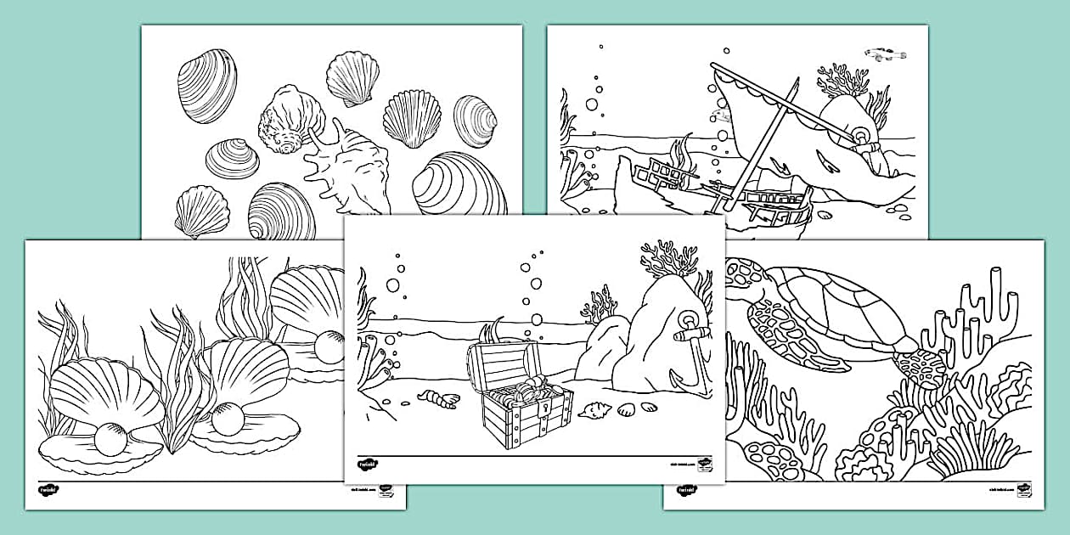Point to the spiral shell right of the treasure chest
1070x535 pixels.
[594, 413]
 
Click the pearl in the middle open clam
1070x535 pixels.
[227, 418]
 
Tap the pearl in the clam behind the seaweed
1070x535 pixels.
[328, 346]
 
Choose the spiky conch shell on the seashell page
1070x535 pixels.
[344, 166]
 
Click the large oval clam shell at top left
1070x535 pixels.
[207, 85]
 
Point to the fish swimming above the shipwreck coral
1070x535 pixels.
[885, 55]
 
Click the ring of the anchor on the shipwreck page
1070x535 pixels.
[861, 137]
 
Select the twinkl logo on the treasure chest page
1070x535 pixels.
[368, 465]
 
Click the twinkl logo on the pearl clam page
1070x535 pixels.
[48, 490]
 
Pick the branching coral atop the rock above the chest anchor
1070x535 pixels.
[669, 258]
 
